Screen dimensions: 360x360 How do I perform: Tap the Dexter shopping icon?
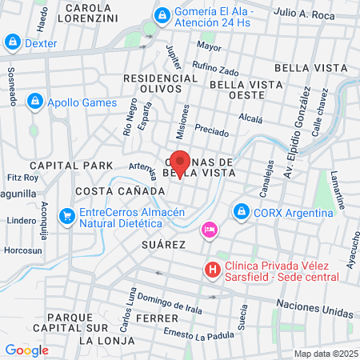(x=13, y=42)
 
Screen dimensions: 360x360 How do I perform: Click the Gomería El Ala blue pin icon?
(x=162, y=14)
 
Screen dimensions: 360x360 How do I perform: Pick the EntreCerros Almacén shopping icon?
(x=67, y=214)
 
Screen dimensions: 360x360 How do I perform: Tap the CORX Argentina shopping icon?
(x=240, y=212)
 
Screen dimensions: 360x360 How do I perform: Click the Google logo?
(x=26, y=350)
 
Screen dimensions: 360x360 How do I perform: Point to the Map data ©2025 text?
(x=324, y=354)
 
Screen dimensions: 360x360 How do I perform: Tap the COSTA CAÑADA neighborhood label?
(x=119, y=192)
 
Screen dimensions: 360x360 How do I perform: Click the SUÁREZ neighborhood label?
(x=164, y=243)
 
